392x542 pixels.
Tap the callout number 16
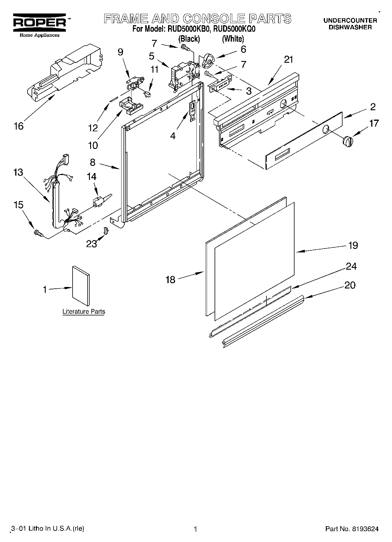point(19,126)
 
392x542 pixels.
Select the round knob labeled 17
point(348,141)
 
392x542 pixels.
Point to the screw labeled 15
point(38,233)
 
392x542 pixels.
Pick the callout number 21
point(288,60)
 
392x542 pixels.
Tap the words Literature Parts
point(84,311)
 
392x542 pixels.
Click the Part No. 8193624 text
point(352,529)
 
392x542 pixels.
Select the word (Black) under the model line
point(189,39)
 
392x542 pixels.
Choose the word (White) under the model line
point(233,39)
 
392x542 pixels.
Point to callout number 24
point(351,266)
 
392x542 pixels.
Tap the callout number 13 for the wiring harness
point(18,172)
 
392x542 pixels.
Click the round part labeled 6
point(208,60)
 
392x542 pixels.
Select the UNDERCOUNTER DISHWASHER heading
point(350,24)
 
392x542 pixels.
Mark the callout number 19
point(353,245)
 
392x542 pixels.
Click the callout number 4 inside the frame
point(173,136)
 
